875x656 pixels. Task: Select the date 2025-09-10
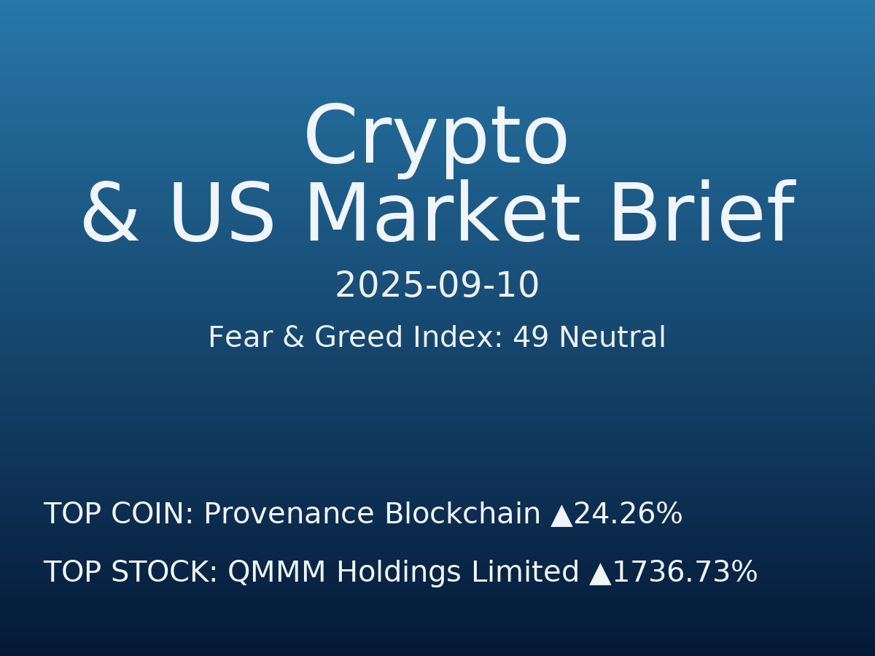point(437,286)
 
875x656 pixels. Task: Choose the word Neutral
point(612,338)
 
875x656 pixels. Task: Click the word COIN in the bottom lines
point(152,515)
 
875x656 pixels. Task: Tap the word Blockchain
point(462,515)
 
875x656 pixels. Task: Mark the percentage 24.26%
point(628,515)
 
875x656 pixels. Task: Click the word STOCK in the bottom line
point(164,573)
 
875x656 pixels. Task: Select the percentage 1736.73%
point(685,573)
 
